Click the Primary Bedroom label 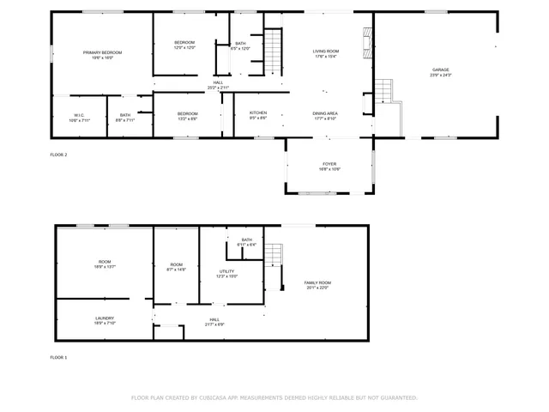pyautogui.click(x=102, y=52)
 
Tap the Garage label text pyautogui.click(x=440, y=70)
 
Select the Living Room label pyautogui.click(x=325, y=51)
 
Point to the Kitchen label pyautogui.click(x=258, y=112)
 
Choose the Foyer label pyautogui.click(x=329, y=163)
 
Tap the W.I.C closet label pyautogui.click(x=78, y=115)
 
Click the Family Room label pyautogui.click(x=317, y=282)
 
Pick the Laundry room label pyautogui.click(x=104, y=318)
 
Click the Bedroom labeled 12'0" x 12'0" pyautogui.click(x=185, y=43)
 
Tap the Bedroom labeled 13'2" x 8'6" pyautogui.click(x=188, y=113)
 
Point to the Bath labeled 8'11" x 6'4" pyautogui.click(x=247, y=239)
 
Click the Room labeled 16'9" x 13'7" pyautogui.click(x=104, y=262)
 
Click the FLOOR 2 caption pyautogui.click(x=58, y=154)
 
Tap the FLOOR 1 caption pyautogui.click(x=58, y=356)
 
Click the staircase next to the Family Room pyautogui.click(x=273, y=256)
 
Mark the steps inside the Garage pyautogui.click(x=383, y=90)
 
